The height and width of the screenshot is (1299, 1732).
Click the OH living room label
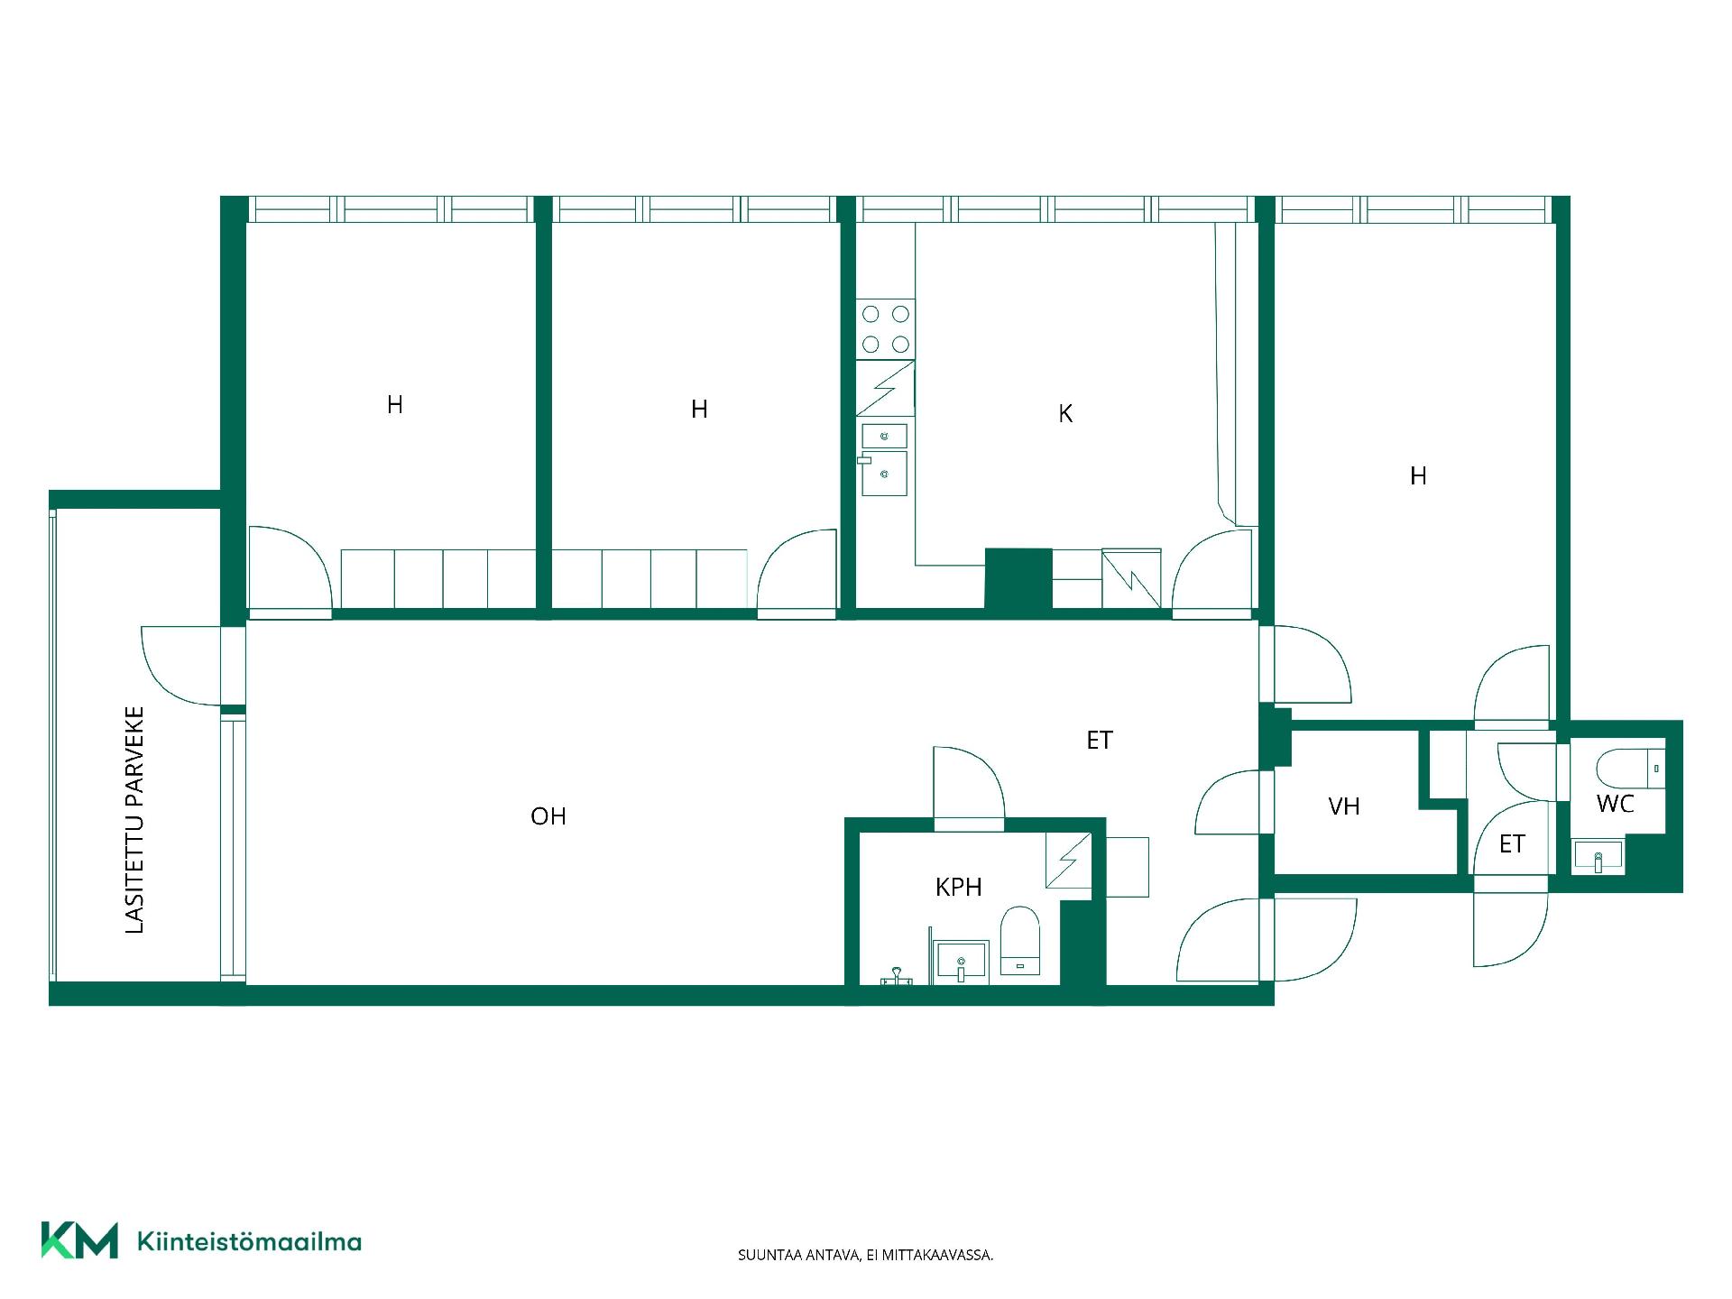coord(548,816)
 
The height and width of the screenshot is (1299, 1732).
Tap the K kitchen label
coord(1065,414)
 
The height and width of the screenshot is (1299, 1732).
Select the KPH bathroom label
coord(958,888)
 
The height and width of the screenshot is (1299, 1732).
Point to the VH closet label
coord(1344,806)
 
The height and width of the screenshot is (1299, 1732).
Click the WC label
coord(1615,804)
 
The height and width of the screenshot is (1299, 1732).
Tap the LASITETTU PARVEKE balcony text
coord(134,820)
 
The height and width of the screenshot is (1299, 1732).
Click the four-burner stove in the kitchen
coord(886,329)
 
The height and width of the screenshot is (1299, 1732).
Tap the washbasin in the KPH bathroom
coord(963,962)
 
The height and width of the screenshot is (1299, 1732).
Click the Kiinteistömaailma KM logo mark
coord(79,1240)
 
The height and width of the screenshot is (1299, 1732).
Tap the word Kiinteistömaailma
coord(249,1242)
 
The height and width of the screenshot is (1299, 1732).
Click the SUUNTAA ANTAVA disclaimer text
coord(865,1255)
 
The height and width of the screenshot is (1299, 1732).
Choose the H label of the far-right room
coord(1418,475)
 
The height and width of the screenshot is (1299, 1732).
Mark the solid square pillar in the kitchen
coord(1018,579)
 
